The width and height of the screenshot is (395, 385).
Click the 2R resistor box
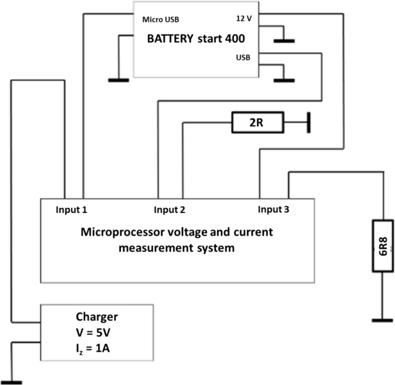(258, 122)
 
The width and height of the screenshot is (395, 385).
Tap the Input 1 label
(72, 209)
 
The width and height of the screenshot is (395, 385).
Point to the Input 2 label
(170, 209)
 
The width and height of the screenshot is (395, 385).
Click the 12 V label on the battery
(244, 18)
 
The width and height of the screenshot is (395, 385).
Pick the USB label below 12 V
(243, 58)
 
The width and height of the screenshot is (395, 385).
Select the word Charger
(96, 316)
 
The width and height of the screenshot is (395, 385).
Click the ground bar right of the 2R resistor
(309, 122)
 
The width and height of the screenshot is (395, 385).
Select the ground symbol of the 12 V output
(283, 40)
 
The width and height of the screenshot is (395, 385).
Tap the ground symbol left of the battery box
(118, 80)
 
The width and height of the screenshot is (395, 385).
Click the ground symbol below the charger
(11, 382)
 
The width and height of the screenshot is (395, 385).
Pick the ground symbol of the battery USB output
(283, 80)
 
